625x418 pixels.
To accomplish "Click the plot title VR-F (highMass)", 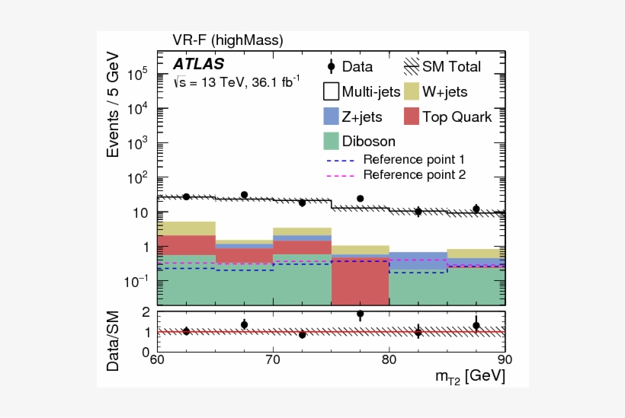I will [x=228, y=40].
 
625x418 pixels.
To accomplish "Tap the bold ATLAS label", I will [x=198, y=64].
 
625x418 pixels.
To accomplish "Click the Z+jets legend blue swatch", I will [x=330, y=116].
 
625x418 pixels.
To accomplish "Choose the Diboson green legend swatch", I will [x=330, y=141].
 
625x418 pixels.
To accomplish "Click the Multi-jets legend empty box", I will [x=330, y=91].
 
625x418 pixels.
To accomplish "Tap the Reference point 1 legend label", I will [x=414, y=160].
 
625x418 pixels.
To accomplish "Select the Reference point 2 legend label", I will [x=414, y=174].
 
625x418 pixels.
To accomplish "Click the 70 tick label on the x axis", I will [x=273, y=359].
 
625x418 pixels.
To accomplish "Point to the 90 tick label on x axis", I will [x=502, y=359].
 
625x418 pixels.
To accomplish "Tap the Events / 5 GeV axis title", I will [x=114, y=104].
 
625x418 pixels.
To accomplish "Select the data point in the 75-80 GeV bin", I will [x=360, y=199].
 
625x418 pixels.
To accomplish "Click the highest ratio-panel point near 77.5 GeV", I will [x=360, y=314].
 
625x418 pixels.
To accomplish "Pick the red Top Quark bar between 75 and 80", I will [x=360, y=282].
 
